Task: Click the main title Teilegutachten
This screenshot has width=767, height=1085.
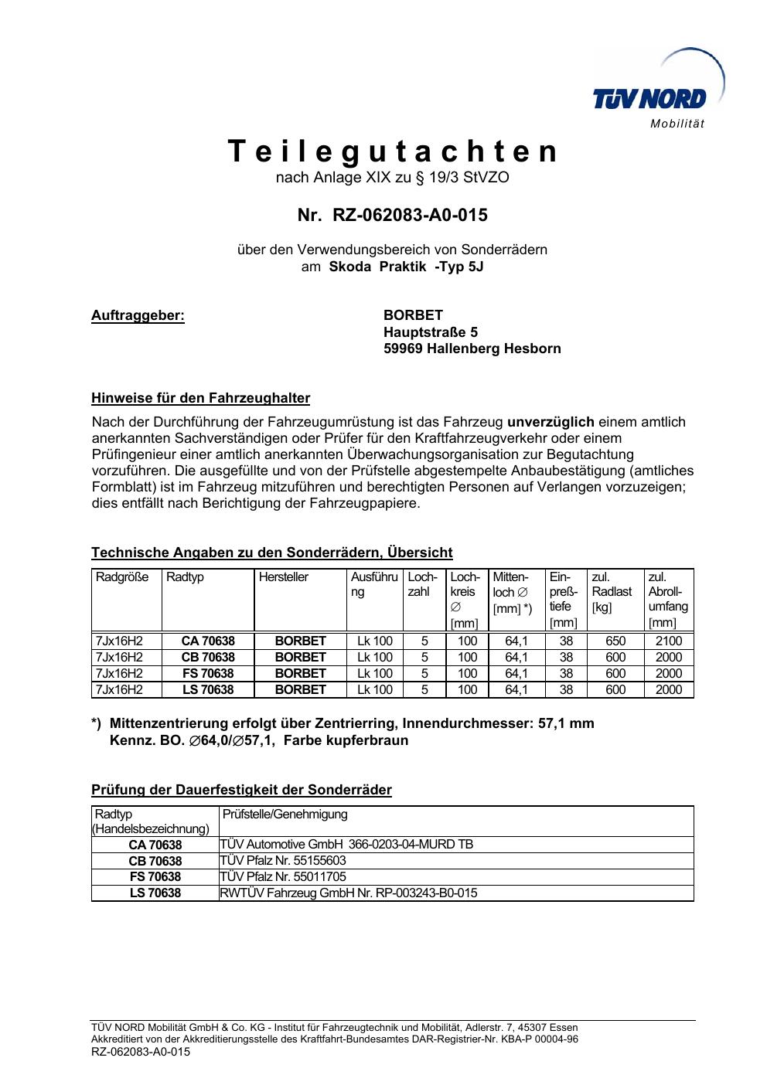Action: (393, 151)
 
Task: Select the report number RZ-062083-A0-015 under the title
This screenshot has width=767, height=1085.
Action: (410, 216)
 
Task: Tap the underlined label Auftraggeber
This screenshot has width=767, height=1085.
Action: (138, 315)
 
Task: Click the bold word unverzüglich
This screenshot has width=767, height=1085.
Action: (551, 422)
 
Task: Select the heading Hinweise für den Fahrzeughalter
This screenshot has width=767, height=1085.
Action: (200, 399)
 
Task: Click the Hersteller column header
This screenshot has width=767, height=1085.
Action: (284, 577)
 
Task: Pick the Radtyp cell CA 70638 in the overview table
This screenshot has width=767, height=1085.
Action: (208, 641)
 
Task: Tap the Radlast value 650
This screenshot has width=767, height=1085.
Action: (615, 641)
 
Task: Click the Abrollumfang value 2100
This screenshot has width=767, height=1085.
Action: (669, 641)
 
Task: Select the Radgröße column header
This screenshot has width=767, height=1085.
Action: (122, 577)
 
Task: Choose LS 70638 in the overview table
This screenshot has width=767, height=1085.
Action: (208, 690)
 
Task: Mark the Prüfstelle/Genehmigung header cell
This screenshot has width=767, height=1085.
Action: (285, 815)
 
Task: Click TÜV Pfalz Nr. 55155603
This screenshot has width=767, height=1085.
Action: (283, 861)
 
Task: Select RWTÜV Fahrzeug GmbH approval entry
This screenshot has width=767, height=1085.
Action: (349, 893)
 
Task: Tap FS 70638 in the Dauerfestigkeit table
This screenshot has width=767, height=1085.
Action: (155, 877)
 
